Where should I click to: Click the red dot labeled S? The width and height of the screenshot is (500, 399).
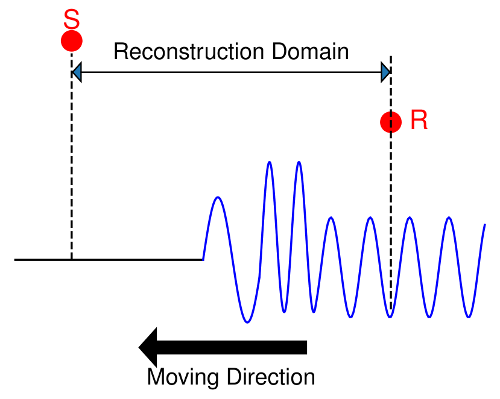(x=71, y=41)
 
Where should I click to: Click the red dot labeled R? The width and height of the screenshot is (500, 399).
(x=391, y=122)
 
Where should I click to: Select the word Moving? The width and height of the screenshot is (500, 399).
(x=183, y=377)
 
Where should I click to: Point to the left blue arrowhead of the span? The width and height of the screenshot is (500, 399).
(x=76, y=74)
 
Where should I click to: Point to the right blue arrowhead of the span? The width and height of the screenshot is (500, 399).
(x=386, y=74)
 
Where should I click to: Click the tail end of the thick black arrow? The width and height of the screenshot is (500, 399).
(x=305, y=347)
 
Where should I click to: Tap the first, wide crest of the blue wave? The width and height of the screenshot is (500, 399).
(x=218, y=198)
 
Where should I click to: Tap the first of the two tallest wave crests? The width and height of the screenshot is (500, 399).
(x=269, y=162)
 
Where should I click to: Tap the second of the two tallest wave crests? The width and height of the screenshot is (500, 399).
(x=298, y=162)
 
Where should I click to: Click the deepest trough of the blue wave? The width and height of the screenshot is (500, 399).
(x=247, y=322)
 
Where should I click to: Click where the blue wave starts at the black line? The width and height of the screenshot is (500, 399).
(x=203, y=259)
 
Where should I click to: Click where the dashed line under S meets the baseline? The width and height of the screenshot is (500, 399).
(x=71, y=260)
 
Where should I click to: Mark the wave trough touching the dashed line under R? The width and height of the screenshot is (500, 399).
(x=390, y=316)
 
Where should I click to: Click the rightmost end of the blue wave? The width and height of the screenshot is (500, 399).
(x=485, y=225)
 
